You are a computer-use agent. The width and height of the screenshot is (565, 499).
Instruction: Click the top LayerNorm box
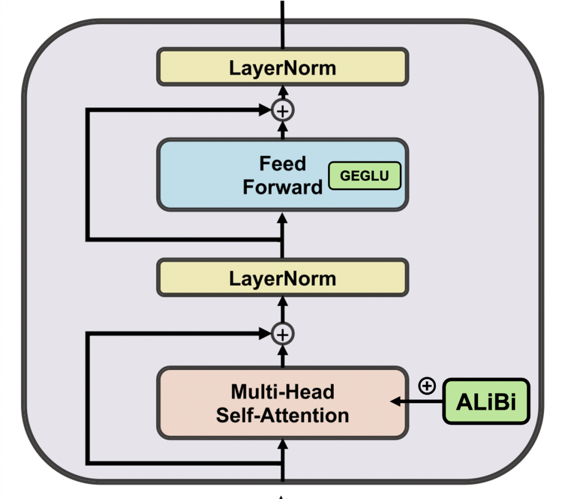[282, 67]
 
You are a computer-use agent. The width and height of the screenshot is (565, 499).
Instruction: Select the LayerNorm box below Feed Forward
[282, 278]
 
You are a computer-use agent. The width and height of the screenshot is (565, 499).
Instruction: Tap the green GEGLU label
[364, 176]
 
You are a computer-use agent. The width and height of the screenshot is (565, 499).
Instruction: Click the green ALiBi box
[486, 401]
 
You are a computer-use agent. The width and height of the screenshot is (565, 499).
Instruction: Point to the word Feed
[282, 164]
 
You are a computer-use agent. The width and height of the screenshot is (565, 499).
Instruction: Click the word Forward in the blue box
[282, 187]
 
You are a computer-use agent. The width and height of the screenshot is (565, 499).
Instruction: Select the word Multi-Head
[282, 391]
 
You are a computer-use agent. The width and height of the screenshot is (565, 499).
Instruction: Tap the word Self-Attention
[282, 415]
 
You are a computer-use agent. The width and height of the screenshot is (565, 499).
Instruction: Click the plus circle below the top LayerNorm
[282, 110]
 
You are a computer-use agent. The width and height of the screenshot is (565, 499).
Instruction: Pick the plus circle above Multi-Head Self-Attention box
[282, 334]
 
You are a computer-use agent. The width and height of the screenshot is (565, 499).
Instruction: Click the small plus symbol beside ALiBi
[427, 386]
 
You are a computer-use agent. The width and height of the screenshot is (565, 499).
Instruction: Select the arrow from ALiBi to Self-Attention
[419, 401]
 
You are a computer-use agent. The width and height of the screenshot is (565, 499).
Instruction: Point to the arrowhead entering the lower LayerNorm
[282, 301]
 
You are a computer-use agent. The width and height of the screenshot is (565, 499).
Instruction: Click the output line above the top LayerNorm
[282, 24]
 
